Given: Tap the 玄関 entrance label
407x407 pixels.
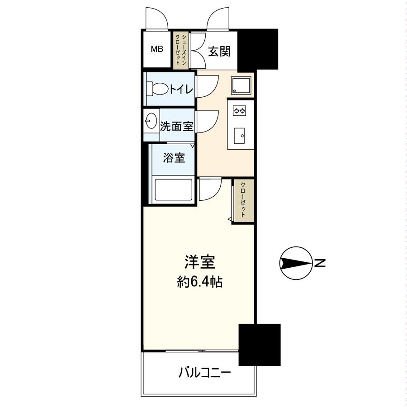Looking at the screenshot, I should click(x=219, y=51).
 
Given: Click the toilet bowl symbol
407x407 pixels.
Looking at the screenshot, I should click(x=158, y=89).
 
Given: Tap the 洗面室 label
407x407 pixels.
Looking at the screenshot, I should click(x=176, y=126).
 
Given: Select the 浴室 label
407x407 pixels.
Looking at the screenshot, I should click(x=174, y=158).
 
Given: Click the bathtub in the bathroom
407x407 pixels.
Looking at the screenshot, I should click(x=174, y=190).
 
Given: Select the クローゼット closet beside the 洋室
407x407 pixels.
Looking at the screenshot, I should click(x=243, y=200).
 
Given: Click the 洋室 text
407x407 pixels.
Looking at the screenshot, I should click(x=199, y=263).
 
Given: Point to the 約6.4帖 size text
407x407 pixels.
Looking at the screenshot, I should click(x=199, y=283).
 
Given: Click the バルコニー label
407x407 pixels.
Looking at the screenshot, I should click(x=204, y=373).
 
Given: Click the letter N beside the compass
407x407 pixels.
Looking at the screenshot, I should click(x=320, y=263).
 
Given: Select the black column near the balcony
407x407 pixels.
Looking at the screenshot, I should click(x=259, y=344).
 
